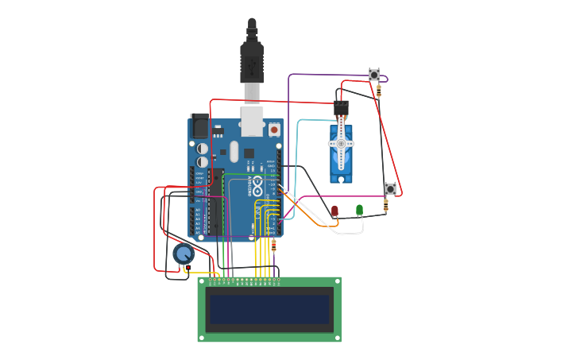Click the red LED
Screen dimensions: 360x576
click(x=334, y=211)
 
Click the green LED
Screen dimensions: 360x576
click(x=359, y=210)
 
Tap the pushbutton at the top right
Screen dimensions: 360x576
click(x=374, y=75)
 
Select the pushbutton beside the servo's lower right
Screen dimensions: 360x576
click(x=390, y=188)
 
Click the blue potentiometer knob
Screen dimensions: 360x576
click(x=184, y=254)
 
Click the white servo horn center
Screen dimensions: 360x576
click(x=341, y=144)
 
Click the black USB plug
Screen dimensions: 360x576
click(x=252, y=60)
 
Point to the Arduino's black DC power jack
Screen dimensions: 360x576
click(x=199, y=126)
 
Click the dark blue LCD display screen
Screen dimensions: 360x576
click(x=269, y=309)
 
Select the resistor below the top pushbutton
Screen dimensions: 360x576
click(x=379, y=92)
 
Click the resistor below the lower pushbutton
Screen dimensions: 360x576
click(x=386, y=206)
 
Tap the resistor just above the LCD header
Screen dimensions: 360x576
click(x=273, y=246)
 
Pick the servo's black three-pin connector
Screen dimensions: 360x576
click(x=341, y=108)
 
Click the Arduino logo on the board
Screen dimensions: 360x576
click(x=257, y=187)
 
